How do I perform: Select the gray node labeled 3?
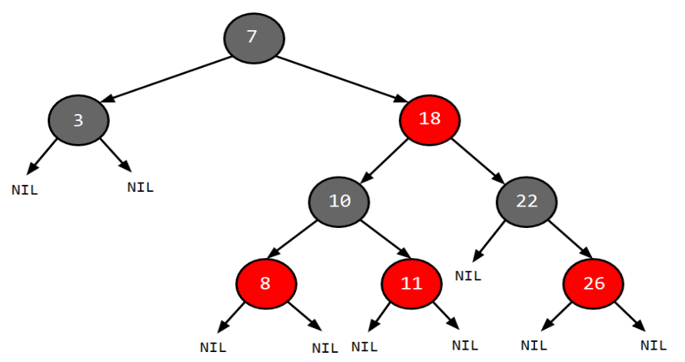coord(78,120)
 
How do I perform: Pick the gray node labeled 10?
coord(339,202)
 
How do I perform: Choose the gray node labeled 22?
coord(527,202)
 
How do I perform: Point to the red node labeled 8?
coord(266,283)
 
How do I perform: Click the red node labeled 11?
coord(412,283)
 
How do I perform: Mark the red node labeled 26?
coord(594,283)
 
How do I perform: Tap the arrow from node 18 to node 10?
coord(385,159)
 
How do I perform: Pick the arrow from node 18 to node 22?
coord(477,159)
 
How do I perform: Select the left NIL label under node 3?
coord(25,189)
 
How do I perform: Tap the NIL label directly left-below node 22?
coord(468,275)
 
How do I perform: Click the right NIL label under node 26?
coord(653,345)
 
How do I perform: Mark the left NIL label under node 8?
coord(213,347)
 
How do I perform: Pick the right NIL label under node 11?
coord(464,345)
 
